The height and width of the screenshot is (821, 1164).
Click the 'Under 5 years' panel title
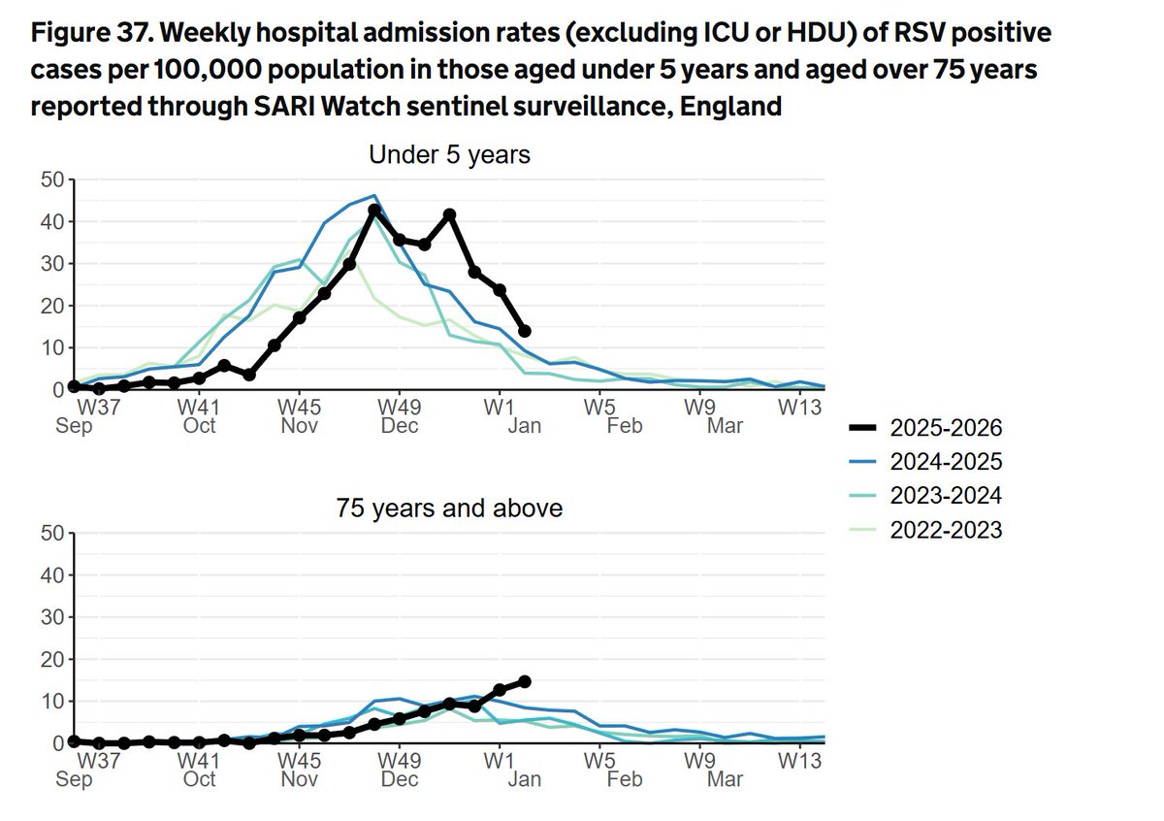[449, 154]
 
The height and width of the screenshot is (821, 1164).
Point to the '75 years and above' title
[449, 508]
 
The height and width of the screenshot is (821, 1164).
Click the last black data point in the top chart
[525, 331]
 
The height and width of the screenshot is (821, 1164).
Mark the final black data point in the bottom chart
[525, 681]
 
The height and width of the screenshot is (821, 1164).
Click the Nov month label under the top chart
[300, 426]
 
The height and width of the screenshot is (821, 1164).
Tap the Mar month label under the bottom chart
[725, 778]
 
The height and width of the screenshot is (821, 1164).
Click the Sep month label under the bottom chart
[74, 778]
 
